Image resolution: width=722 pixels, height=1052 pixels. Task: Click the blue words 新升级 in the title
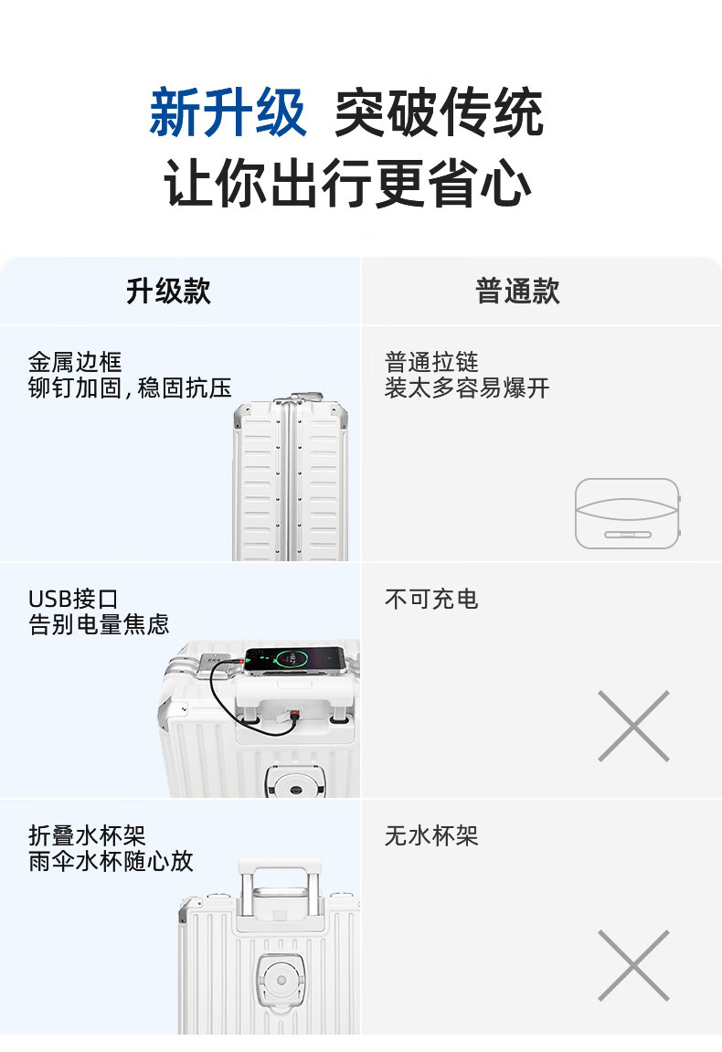[228, 112]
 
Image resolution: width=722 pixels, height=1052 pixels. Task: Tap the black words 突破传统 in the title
[439, 112]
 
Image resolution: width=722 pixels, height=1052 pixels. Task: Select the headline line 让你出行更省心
[347, 183]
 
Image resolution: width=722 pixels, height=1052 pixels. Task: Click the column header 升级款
[168, 292]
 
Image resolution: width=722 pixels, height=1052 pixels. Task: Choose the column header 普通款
[517, 292]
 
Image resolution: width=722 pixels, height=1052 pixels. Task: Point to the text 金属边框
[75, 362]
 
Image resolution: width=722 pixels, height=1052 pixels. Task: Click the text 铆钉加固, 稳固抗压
[130, 388]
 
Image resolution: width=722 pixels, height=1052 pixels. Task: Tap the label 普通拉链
[431, 362]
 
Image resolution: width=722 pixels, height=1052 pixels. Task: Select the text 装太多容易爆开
[467, 388]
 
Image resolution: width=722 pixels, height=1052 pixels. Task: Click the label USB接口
[73, 600]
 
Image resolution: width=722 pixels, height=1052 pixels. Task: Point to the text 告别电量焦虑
[99, 624]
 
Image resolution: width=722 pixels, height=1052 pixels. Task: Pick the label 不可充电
[431, 600]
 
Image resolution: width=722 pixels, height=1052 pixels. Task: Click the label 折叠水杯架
[87, 836]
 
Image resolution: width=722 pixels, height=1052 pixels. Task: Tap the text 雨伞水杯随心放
[111, 862]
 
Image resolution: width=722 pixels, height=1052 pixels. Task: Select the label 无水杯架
[431, 836]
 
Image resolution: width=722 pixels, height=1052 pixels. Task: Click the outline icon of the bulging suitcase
[627, 514]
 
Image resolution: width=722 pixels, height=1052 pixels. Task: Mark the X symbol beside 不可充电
[633, 726]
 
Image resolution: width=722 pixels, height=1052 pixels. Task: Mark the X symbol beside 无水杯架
[633, 965]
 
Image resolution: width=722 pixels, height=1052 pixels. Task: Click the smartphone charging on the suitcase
[294, 660]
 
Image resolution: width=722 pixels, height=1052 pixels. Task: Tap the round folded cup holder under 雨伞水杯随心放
[281, 981]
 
